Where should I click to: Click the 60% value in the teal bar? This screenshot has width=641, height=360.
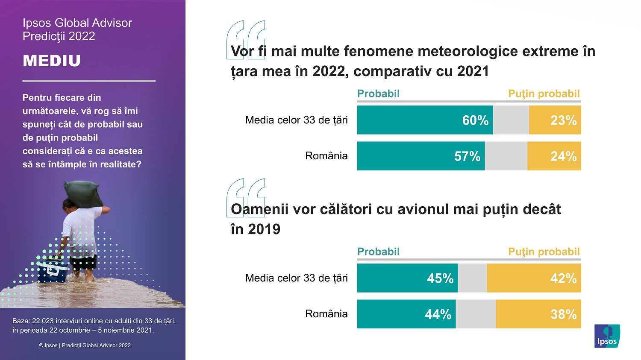[x=475, y=120]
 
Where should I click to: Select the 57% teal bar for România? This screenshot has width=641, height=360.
[x=421, y=156]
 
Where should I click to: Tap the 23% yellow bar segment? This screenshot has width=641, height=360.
[x=555, y=120]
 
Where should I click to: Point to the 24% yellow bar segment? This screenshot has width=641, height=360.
[x=554, y=156]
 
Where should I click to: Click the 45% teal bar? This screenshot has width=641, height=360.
[x=407, y=278]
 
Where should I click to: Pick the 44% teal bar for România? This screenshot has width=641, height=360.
[x=406, y=314]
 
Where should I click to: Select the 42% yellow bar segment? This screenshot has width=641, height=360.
[x=534, y=278]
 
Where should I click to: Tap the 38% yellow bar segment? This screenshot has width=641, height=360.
[x=538, y=314]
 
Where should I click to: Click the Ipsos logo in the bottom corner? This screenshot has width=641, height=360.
[x=607, y=336]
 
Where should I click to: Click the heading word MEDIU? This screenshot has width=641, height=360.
[x=52, y=61]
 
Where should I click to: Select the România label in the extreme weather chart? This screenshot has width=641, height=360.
[x=326, y=156]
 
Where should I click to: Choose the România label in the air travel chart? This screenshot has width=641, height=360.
[x=326, y=314]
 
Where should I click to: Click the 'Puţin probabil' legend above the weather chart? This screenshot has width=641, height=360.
[x=544, y=94]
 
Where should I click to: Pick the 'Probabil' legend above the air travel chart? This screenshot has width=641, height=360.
[x=378, y=252]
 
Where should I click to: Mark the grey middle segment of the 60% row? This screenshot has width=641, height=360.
[x=511, y=120]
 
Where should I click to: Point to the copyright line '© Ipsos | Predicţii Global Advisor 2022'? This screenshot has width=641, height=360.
[x=85, y=345]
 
